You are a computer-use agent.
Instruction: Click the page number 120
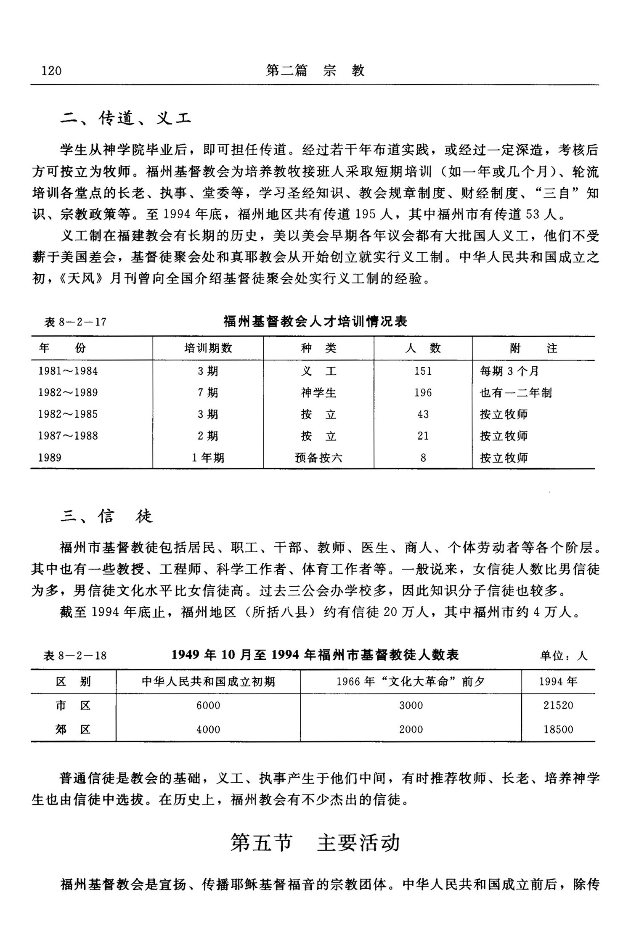[51, 71]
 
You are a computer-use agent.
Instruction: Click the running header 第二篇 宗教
[315, 71]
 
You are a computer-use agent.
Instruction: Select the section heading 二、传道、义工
[125, 119]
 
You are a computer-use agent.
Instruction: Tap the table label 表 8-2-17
[75, 322]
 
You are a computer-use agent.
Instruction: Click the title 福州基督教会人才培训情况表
[315, 322]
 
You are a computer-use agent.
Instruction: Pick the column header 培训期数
[208, 348]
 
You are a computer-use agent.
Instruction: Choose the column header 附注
[533, 348]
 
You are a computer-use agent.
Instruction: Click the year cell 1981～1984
[68, 371]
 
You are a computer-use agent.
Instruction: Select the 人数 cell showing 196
[423, 392]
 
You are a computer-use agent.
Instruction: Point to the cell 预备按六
[318, 458]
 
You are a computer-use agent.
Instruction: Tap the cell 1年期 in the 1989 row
[208, 458]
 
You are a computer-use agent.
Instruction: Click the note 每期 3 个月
[509, 371]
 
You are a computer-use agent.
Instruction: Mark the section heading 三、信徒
[107, 516]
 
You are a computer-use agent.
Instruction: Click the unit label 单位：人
[564, 656]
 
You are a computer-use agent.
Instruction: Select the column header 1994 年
[558, 682]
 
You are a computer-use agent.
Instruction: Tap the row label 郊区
[73, 729]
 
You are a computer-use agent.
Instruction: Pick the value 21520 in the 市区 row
[558, 705]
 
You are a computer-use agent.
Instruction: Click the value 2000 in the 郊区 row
[411, 729]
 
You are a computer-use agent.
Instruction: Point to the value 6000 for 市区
[208, 705]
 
